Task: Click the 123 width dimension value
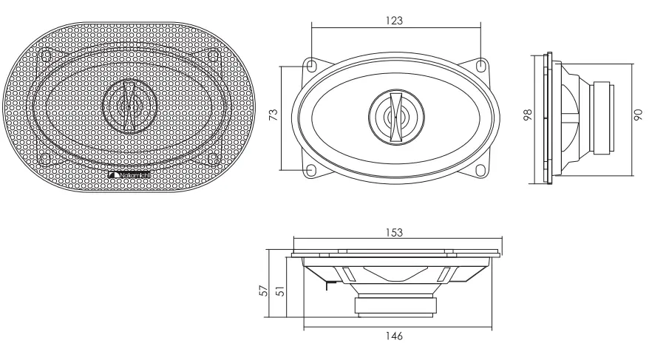point(395,21)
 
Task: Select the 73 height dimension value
point(273,117)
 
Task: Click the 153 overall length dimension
point(396,231)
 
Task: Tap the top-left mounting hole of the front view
point(311,65)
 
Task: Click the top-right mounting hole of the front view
point(481,65)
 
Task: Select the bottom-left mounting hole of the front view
point(311,169)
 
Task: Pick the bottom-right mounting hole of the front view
point(481,169)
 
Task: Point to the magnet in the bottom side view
point(397,304)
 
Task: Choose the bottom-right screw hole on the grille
point(213,157)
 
